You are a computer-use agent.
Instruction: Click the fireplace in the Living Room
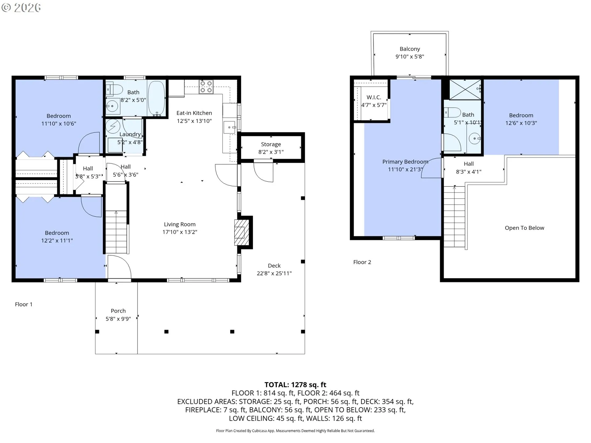click(x=242, y=232)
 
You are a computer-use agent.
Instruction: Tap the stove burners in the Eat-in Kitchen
click(x=206, y=87)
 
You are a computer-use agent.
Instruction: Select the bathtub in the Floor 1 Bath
click(x=156, y=98)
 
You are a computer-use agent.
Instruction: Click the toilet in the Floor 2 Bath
click(x=452, y=112)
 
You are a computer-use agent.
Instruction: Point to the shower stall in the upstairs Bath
click(x=465, y=90)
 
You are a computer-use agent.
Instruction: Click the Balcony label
click(x=410, y=49)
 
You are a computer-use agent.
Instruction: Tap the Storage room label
click(x=271, y=144)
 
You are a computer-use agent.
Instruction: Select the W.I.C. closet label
click(x=374, y=97)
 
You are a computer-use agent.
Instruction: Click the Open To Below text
click(x=525, y=228)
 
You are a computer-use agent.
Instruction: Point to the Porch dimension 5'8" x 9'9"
click(x=118, y=319)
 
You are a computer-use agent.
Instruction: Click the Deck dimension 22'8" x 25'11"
click(x=274, y=273)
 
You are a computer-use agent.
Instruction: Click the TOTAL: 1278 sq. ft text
click(x=295, y=385)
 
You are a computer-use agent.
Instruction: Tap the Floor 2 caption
click(x=362, y=262)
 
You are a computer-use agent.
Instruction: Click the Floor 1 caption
click(x=24, y=304)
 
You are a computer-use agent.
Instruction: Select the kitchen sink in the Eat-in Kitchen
click(x=229, y=127)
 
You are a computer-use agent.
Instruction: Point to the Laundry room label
click(x=130, y=134)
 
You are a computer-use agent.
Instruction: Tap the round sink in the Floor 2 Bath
click(x=474, y=138)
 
